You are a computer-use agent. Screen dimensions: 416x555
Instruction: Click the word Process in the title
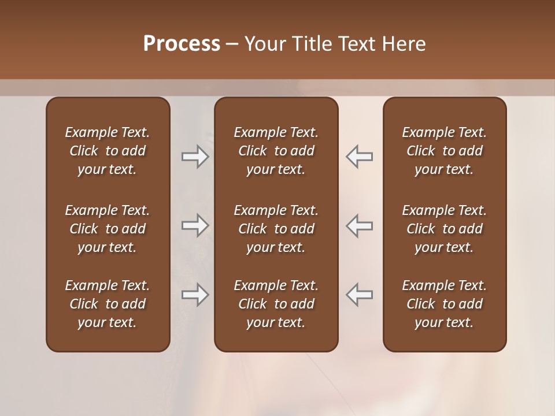click(x=182, y=44)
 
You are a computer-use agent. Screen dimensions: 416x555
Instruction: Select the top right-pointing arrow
click(x=195, y=157)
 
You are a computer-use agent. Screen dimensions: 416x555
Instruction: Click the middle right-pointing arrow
click(x=195, y=225)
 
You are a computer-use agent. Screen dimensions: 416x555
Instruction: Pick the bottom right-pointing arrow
click(x=195, y=295)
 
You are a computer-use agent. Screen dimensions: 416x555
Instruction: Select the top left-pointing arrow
click(x=359, y=157)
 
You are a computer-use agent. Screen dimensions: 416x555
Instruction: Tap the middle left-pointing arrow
click(x=359, y=225)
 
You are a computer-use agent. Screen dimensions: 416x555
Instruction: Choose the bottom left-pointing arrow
click(x=359, y=295)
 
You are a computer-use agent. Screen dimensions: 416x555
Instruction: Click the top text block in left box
click(x=108, y=151)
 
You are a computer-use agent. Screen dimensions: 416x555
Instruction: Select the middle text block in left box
click(x=108, y=229)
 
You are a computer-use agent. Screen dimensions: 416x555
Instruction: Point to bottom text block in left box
click(x=108, y=304)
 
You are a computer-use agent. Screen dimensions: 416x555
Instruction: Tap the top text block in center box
click(x=276, y=151)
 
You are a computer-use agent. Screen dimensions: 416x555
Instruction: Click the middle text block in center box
click(x=276, y=229)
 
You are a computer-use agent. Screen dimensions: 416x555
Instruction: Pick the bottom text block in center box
click(x=276, y=304)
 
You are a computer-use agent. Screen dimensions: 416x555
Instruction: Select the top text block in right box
click(x=444, y=151)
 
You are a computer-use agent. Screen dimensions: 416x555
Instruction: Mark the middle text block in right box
click(x=444, y=229)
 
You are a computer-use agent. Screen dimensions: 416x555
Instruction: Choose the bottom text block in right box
click(x=444, y=304)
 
